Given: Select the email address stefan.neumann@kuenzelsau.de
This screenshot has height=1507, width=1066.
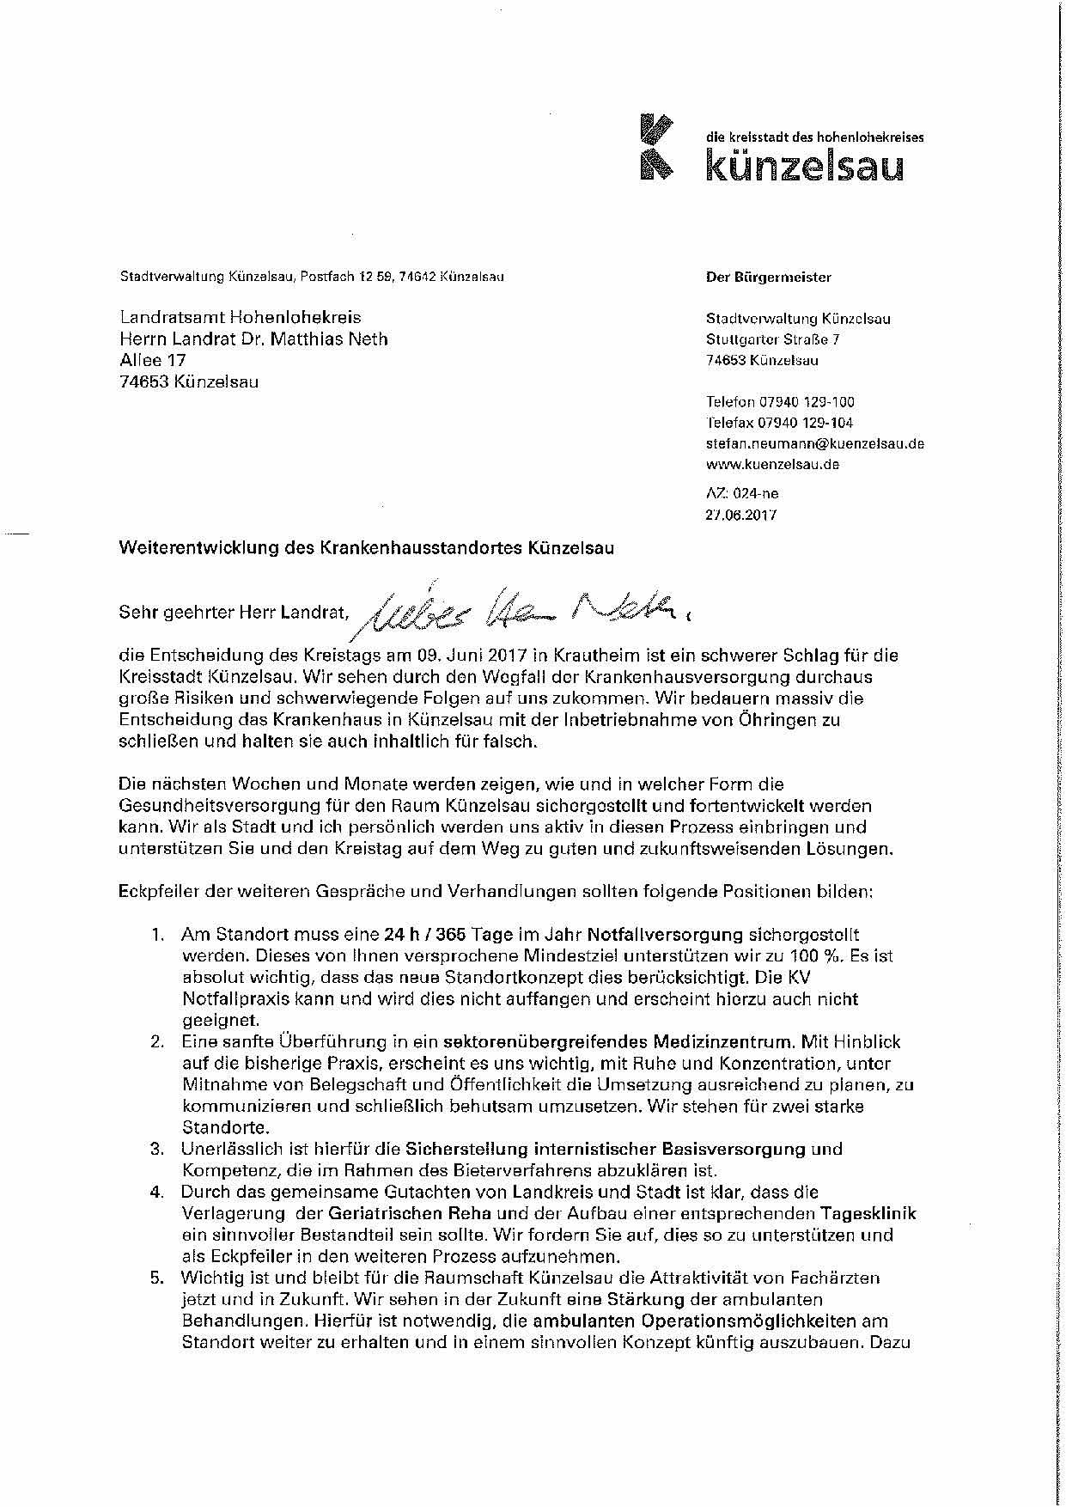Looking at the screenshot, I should pyautogui.click(x=814, y=443).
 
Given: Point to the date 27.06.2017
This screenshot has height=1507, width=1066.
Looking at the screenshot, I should pyautogui.click(x=740, y=515).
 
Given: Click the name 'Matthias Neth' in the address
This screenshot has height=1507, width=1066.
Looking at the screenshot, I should pyautogui.click(x=329, y=339).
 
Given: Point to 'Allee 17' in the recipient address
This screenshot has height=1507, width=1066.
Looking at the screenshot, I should pyautogui.click(x=153, y=360).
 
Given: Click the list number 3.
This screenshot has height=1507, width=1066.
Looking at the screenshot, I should pyautogui.click(x=157, y=1149).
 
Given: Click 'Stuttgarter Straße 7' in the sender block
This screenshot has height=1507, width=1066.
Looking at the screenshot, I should pyautogui.click(x=772, y=339).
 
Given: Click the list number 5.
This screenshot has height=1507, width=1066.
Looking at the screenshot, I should pyautogui.click(x=157, y=1278).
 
